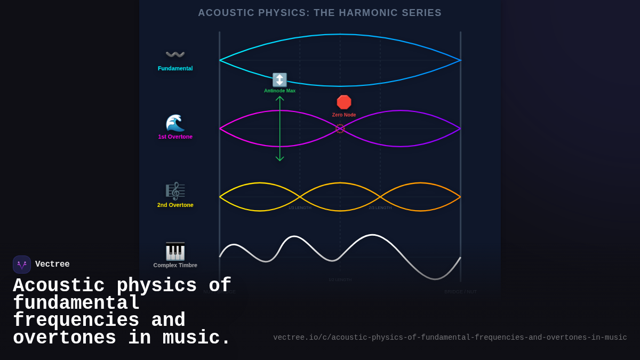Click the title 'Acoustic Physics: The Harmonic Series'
click(319, 13)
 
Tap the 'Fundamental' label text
click(175, 68)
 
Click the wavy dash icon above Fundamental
click(175, 54)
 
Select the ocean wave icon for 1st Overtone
click(175, 123)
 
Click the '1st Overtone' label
click(175, 137)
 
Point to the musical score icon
click(175, 191)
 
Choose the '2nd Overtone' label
click(175, 205)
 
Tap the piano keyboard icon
click(175, 251)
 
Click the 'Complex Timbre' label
click(175, 265)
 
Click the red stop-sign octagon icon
click(344, 102)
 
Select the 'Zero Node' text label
click(344, 115)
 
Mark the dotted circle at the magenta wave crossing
click(340, 129)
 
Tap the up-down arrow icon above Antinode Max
click(279, 80)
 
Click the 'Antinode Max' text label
click(279, 91)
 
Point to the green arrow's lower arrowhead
click(279, 159)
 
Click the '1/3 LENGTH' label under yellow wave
click(300, 207)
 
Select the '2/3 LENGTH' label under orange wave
click(380, 207)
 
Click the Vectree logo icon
click(22, 265)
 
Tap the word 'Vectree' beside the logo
click(52, 265)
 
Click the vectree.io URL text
click(450, 338)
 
